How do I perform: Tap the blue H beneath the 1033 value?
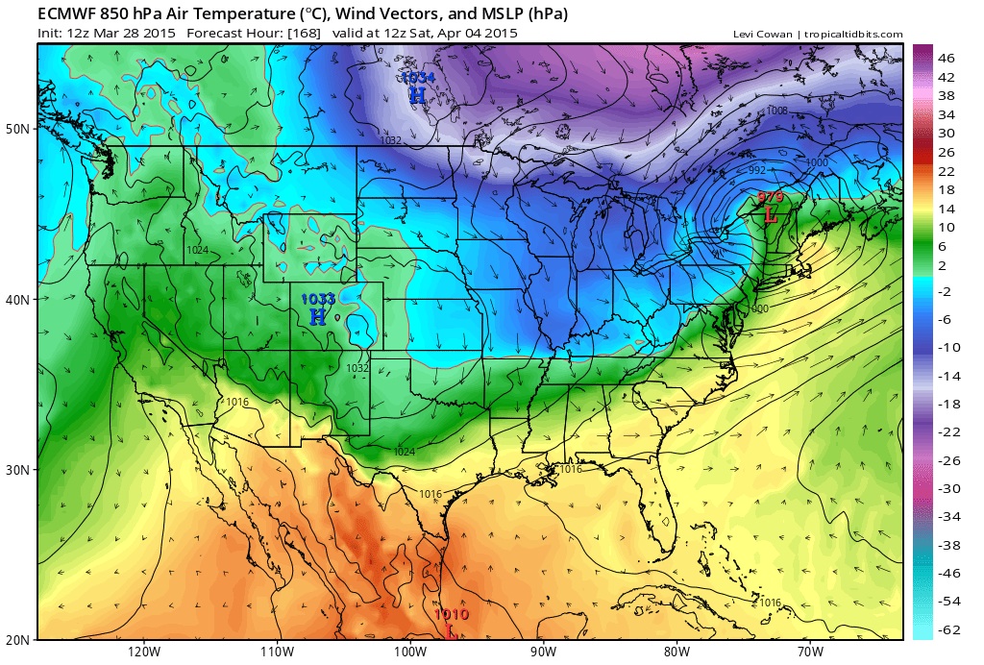tap(318, 315)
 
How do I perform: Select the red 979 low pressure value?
tap(771, 197)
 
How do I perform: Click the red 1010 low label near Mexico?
tap(451, 615)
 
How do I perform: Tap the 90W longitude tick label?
tap(543, 651)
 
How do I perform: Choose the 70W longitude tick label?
tap(809, 651)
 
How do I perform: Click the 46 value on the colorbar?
tap(946, 58)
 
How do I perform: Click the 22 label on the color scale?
tap(946, 171)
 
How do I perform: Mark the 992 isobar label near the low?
tap(757, 170)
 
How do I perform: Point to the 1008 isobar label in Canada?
tap(776, 111)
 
